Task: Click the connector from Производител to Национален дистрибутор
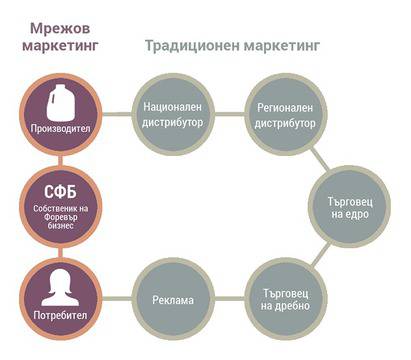click(117, 114)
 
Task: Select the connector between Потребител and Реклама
click(117, 299)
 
